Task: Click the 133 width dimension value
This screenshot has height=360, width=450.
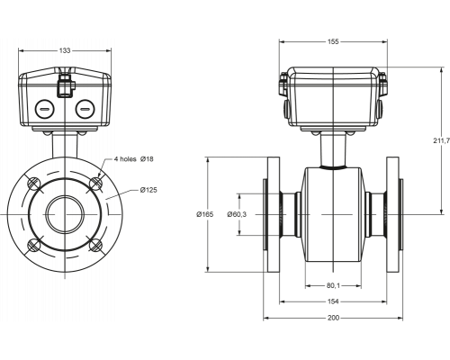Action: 65,50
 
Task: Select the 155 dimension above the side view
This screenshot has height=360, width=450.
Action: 333,41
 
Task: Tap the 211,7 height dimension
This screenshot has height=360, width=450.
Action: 441,140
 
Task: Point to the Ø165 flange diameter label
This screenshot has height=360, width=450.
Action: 205,214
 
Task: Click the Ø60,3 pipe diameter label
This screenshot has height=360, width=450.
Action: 237,214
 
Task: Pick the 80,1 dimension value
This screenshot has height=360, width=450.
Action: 333,286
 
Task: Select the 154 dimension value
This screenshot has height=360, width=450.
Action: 333,301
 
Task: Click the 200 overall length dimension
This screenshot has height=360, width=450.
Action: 333,318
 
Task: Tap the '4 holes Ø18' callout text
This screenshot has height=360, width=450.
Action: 134,159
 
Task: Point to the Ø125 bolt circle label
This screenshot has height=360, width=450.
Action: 148,190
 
